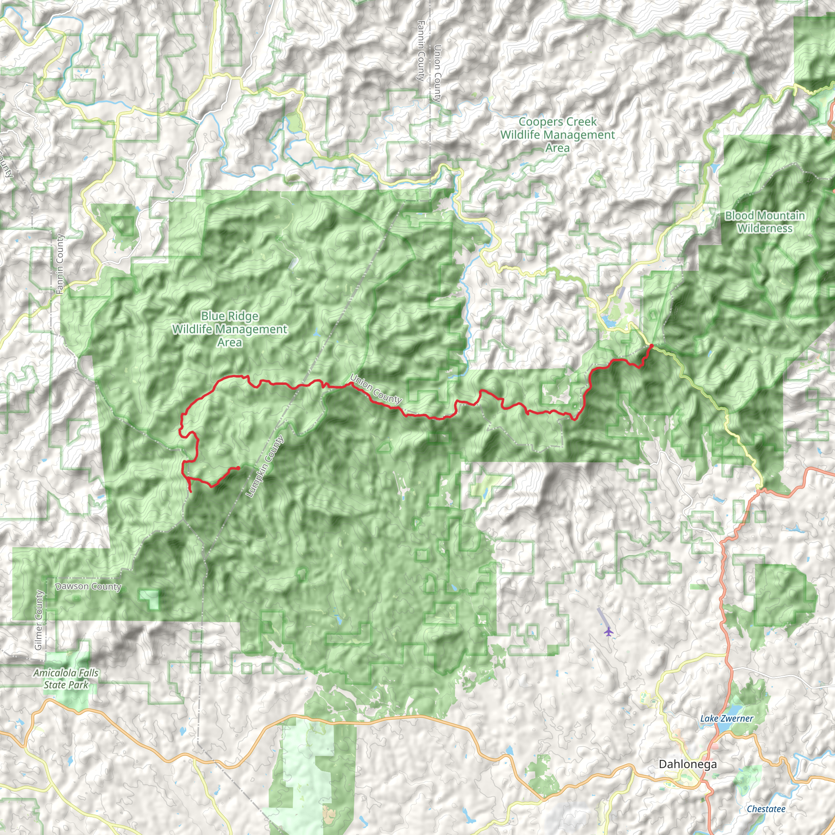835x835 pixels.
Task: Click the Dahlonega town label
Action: pos(688,764)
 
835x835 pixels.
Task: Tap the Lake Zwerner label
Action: pos(727,718)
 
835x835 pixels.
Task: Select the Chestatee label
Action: pos(766,808)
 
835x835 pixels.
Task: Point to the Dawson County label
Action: pos(88,586)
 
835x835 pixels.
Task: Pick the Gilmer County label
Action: pos(38,620)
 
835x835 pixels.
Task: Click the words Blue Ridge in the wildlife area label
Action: pos(230,316)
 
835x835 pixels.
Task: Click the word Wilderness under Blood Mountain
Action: pos(764,228)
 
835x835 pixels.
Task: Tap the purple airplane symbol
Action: pos(609,632)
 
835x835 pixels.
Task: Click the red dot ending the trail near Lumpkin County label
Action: pos(238,468)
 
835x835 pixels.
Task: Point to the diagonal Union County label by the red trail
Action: pos(376,389)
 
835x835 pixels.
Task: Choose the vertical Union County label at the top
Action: pos(437,73)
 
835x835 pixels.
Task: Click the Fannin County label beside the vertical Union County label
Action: pos(421,51)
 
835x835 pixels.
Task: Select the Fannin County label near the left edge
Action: pos(60,264)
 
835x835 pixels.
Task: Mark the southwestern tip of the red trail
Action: pos(191,491)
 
